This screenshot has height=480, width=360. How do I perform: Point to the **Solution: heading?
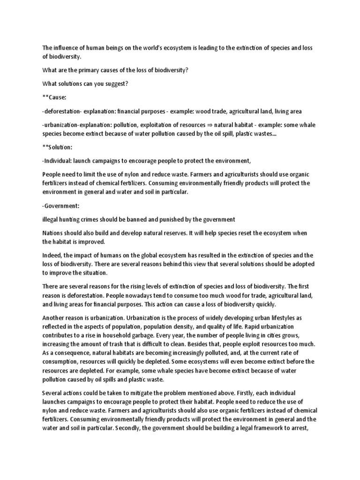tap(58, 147)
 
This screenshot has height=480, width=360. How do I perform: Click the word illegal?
tap(51, 219)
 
